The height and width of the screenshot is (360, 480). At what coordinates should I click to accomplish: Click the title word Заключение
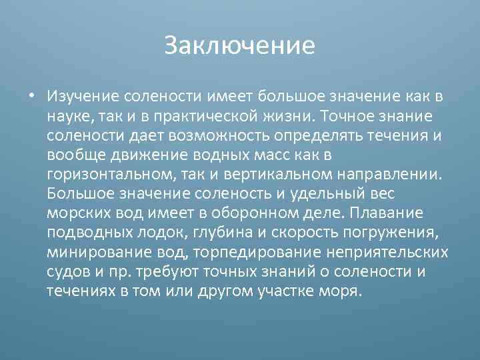[239, 46]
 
